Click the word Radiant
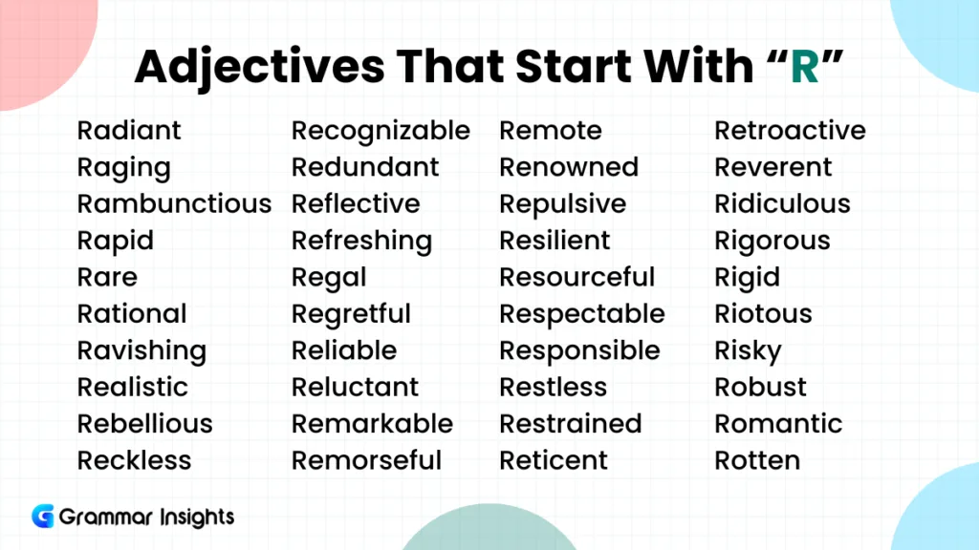[129, 131]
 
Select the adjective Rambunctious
[174, 204]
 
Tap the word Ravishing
[141, 351]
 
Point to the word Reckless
[134, 460]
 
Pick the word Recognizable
[381, 131]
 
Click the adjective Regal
[329, 278]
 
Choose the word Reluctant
[355, 388]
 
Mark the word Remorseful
[366, 460]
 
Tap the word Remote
[551, 131]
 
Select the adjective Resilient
[554, 241]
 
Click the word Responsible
[579, 350]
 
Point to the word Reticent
[554, 460]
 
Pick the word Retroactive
[790, 131]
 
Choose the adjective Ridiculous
[782, 204]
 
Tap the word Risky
[748, 351]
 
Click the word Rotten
[757, 460]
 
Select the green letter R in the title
[804, 67]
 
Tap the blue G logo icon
[43, 517]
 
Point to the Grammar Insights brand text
[146, 518]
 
